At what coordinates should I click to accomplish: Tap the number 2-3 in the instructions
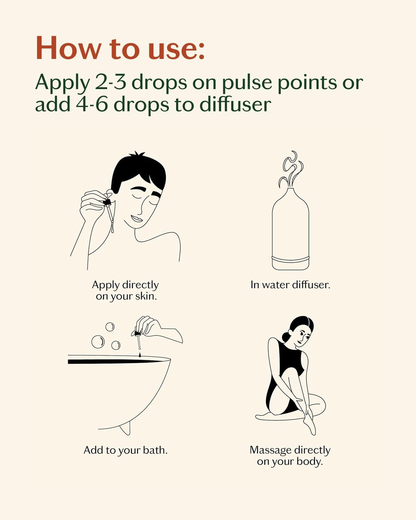tap(111, 82)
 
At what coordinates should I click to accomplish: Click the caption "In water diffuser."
tap(290, 285)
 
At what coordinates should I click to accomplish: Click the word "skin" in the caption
tap(146, 296)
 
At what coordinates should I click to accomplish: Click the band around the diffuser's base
tap(290, 259)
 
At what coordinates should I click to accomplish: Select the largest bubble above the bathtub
tap(98, 342)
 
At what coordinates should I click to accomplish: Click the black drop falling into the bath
tap(140, 354)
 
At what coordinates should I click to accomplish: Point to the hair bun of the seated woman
tap(286, 336)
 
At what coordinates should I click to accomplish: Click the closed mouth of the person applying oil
tap(137, 218)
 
